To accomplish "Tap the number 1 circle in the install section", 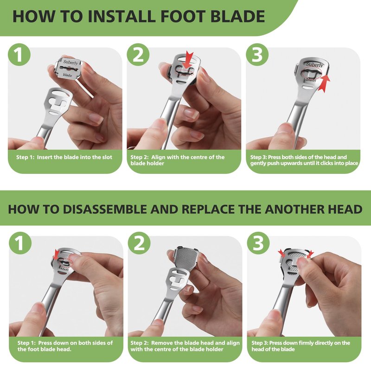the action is click(x=19, y=55).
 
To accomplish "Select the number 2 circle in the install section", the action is click(x=138, y=55).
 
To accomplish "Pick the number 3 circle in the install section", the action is click(x=257, y=55).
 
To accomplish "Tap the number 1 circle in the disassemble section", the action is click(x=20, y=243).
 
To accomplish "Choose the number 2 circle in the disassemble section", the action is click(x=139, y=243).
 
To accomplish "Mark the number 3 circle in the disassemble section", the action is click(x=258, y=243).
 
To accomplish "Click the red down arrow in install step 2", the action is click(x=189, y=60).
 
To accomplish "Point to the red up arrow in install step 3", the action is click(x=324, y=83).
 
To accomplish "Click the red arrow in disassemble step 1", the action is click(x=56, y=255).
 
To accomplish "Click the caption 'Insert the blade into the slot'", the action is click(x=75, y=157).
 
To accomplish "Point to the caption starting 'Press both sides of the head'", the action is click(x=304, y=160).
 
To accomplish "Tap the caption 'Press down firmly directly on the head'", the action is click(x=301, y=346).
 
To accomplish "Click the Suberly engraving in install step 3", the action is click(x=314, y=64).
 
